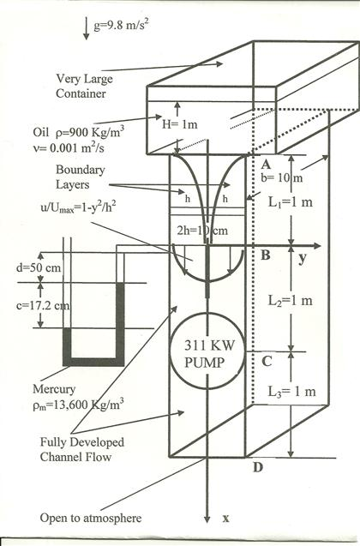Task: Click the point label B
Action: click(267, 255)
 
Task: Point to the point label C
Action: click(267, 360)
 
